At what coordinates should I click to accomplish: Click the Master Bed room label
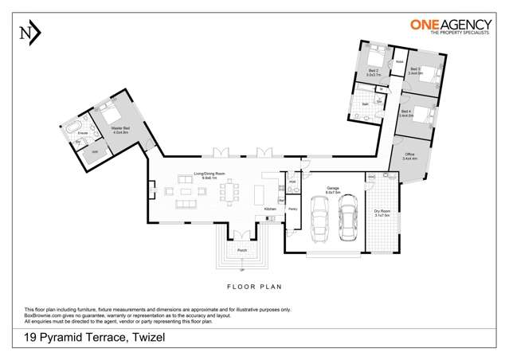click(x=121, y=130)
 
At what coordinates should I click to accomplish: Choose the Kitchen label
click(x=271, y=209)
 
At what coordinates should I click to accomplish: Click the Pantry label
click(x=292, y=209)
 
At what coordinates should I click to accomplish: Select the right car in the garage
click(x=348, y=219)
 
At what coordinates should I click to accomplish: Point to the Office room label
click(x=410, y=156)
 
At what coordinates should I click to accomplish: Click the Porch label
click(x=241, y=250)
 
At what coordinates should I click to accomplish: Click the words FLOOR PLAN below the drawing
click(x=255, y=285)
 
